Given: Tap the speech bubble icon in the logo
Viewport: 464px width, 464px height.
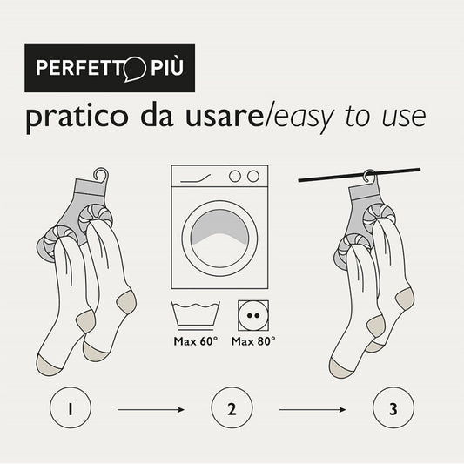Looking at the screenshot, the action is (135, 69).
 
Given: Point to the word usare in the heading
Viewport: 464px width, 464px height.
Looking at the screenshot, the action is (225, 117).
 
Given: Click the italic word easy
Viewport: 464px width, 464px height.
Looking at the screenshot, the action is (305, 118).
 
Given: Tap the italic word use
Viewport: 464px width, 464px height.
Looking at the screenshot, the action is (404, 118).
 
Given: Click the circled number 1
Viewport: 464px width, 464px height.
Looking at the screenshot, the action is (71, 407).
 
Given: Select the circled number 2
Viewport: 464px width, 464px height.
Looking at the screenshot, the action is (232, 407).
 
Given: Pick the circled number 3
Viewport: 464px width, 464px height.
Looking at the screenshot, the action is (393, 407).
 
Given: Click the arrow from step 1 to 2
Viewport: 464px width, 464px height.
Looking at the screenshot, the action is (151, 409).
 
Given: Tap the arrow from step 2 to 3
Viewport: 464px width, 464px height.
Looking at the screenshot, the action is (313, 409).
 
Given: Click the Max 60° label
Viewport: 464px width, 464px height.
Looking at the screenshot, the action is (196, 341).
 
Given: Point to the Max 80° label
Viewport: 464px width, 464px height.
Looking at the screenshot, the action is (253, 341).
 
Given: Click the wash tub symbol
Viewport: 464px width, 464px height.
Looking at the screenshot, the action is (196, 316).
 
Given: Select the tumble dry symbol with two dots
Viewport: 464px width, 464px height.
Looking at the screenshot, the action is (253, 316).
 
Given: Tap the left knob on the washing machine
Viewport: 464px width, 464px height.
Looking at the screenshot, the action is (235, 177).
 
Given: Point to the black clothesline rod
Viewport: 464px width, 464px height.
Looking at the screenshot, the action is (360, 175).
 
